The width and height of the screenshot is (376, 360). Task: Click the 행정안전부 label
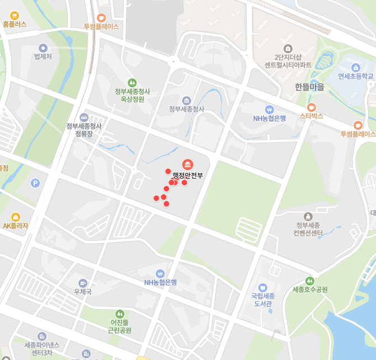(x=188, y=176)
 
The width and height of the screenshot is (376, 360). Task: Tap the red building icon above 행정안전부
(x=187, y=164)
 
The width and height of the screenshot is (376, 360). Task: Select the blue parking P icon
(x=35, y=183)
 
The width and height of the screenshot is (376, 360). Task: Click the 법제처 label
(x=43, y=57)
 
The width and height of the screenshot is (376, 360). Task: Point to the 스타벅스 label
(x=312, y=116)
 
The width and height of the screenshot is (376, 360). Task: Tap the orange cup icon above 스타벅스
(x=312, y=107)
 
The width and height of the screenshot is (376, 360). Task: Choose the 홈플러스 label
(x=15, y=25)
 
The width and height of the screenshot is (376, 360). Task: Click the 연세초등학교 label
(x=355, y=77)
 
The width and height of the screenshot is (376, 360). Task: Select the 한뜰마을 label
(x=309, y=87)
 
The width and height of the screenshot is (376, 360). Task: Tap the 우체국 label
(x=82, y=292)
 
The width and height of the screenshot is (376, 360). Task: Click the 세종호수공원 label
(x=310, y=289)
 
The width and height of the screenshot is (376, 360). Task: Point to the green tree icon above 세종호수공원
(x=309, y=280)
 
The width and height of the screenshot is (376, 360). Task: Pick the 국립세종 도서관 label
(x=262, y=300)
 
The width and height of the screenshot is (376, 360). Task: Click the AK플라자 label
(x=15, y=226)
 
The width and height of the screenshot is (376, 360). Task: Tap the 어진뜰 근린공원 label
(x=119, y=326)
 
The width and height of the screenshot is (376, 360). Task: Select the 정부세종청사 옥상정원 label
(x=132, y=95)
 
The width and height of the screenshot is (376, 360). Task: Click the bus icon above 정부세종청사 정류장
(x=84, y=118)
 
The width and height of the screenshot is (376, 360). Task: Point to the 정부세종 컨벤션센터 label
(x=308, y=229)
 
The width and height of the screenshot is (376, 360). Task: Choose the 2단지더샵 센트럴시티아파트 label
(x=288, y=61)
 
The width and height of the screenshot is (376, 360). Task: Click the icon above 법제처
(x=43, y=48)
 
